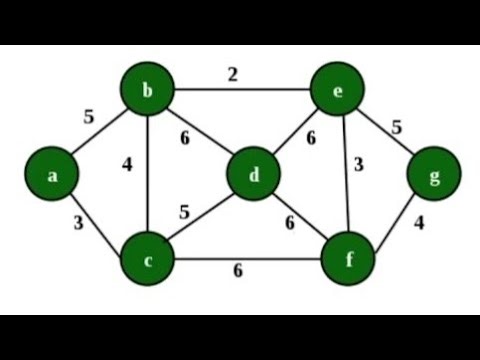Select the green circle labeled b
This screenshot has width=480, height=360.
148,93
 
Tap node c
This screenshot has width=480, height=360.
148,262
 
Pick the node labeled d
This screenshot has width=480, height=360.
255,177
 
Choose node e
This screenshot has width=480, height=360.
340,93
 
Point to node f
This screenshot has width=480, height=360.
350,262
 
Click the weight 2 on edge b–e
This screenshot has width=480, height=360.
232,73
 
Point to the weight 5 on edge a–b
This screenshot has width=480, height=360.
88,117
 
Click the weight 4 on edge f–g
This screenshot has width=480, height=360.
419,223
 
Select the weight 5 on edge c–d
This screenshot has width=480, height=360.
183,212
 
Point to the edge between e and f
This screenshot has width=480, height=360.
345,190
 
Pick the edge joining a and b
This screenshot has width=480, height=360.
100,133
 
